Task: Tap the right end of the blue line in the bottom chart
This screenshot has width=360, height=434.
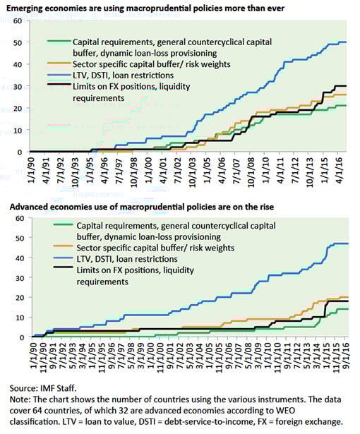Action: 349,243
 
